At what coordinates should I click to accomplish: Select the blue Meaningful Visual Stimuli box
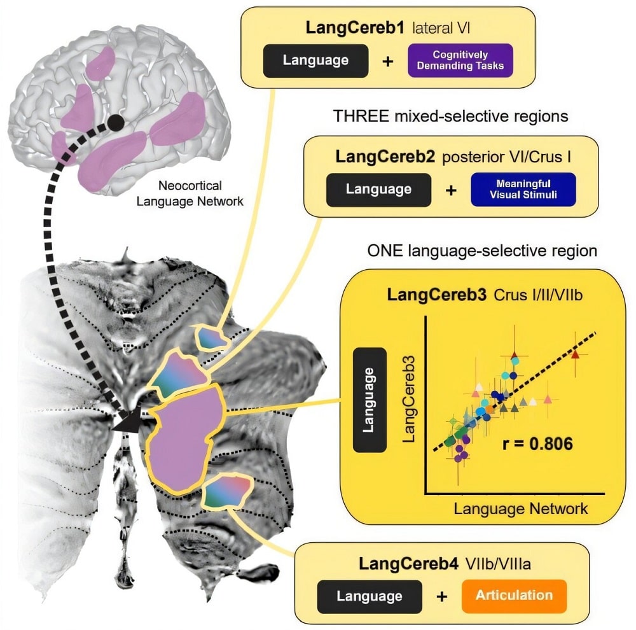tap(523, 189)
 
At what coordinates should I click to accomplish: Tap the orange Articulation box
tap(513, 595)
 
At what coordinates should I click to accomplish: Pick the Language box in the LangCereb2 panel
tap(377, 189)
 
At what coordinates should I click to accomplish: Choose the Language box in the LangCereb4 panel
tap(369, 596)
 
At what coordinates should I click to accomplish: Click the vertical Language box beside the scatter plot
tap(370, 400)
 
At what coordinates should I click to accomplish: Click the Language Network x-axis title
tap(521, 508)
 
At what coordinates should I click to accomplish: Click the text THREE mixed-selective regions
tap(450, 116)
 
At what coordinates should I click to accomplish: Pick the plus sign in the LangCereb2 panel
tap(451, 189)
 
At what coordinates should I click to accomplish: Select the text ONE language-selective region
tap(482, 250)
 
